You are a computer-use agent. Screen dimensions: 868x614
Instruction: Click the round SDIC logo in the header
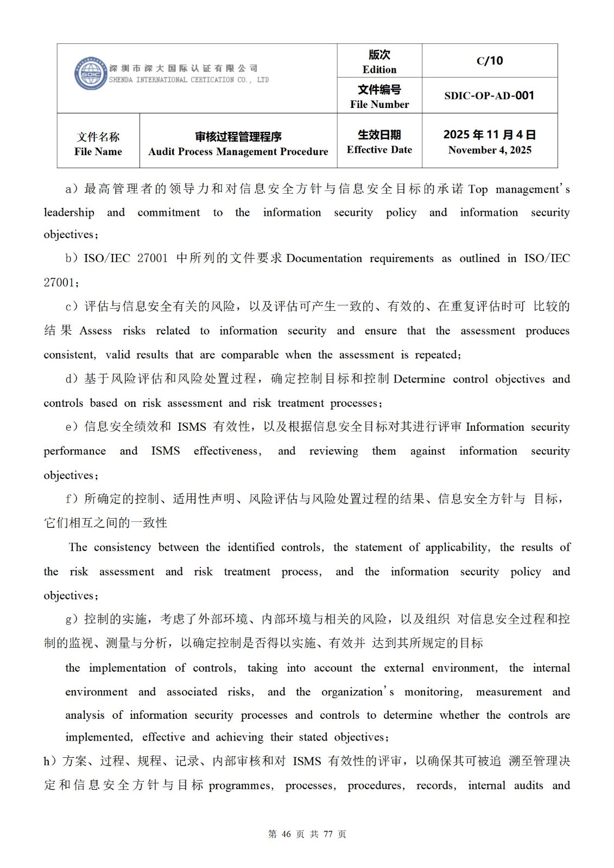(90, 73)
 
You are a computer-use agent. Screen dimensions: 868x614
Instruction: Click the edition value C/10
(490, 61)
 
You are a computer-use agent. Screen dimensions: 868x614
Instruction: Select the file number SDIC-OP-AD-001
(490, 95)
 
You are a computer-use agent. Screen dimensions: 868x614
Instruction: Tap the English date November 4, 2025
(490, 150)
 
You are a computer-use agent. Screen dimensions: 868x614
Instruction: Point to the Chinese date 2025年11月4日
(490, 135)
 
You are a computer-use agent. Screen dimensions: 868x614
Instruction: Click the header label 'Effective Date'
(379, 150)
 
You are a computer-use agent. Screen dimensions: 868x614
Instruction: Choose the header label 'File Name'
(98, 152)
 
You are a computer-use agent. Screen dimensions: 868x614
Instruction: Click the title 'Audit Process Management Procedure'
(238, 152)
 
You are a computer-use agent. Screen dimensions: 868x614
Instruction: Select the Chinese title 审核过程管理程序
(238, 137)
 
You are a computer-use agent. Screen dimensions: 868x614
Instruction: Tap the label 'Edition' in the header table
(379, 69)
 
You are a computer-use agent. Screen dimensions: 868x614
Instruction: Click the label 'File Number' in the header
(379, 105)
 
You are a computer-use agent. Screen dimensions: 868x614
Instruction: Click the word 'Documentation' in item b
(324, 259)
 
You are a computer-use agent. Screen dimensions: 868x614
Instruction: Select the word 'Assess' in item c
(96, 331)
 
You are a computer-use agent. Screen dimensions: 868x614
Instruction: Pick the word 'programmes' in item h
(240, 786)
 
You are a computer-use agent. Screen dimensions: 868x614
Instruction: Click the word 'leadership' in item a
(69, 213)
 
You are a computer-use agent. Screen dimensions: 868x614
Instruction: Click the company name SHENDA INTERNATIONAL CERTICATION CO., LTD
(189, 80)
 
